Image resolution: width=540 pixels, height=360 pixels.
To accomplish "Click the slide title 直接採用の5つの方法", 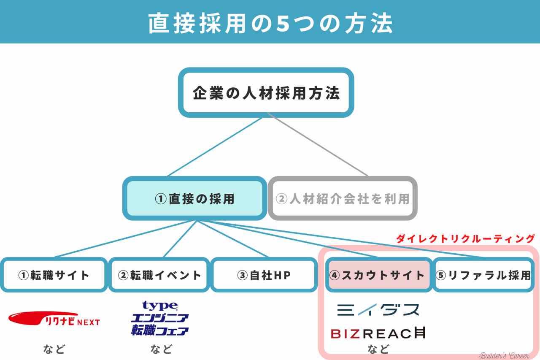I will [x=270, y=23].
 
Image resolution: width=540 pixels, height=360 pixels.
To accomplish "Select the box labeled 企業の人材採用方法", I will [x=266, y=92].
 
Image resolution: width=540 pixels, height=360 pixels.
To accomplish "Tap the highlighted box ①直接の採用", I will [x=194, y=198].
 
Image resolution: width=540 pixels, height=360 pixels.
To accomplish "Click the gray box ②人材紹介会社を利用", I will [x=343, y=198].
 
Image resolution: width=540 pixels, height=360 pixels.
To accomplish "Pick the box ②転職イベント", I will [x=159, y=275].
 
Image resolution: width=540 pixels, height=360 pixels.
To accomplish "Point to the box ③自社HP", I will [x=264, y=275].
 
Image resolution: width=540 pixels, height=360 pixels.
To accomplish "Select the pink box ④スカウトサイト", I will [x=377, y=275].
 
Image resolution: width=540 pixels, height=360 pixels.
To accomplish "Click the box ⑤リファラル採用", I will [x=483, y=275].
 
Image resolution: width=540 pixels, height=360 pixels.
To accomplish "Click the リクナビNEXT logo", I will [x=54, y=319].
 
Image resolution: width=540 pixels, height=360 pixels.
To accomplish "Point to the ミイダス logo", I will [x=378, y=310].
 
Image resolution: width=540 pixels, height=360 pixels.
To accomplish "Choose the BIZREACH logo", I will [x=377, y=333].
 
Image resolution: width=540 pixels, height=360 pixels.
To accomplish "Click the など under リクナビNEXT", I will [x=54, y=349].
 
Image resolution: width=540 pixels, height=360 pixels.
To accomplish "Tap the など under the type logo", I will [x=161, y=349].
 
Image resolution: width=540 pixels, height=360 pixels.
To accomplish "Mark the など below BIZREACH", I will [x=378, y=349].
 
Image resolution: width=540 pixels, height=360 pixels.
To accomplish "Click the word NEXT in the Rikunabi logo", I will [x=89, y=322].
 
